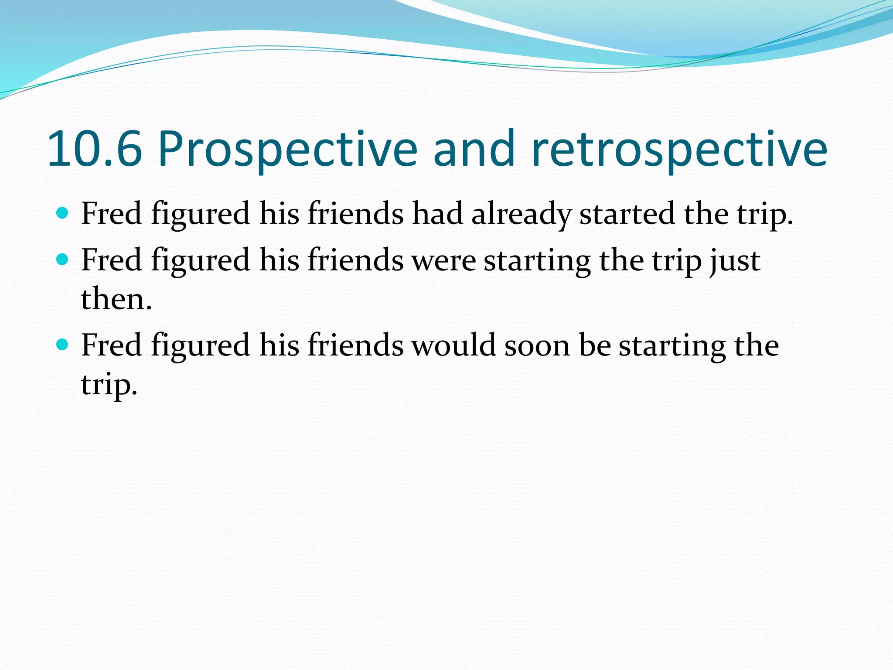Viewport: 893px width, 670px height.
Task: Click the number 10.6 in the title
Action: pos(95,150)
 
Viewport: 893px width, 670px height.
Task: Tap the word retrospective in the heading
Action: pos(679,150)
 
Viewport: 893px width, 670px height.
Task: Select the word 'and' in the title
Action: pos(474,150)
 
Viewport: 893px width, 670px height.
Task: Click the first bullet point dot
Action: pos(63,213)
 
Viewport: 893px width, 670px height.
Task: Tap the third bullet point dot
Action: pos(63,345)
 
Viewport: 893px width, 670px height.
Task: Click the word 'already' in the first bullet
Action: pos(521,215)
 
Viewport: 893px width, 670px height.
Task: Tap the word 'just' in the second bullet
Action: pos(735,261)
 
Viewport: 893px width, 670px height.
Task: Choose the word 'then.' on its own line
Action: pos(116,300)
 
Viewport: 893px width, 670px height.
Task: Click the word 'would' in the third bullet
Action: pos(453,345)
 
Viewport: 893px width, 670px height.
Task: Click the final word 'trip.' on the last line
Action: pos(109,385)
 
